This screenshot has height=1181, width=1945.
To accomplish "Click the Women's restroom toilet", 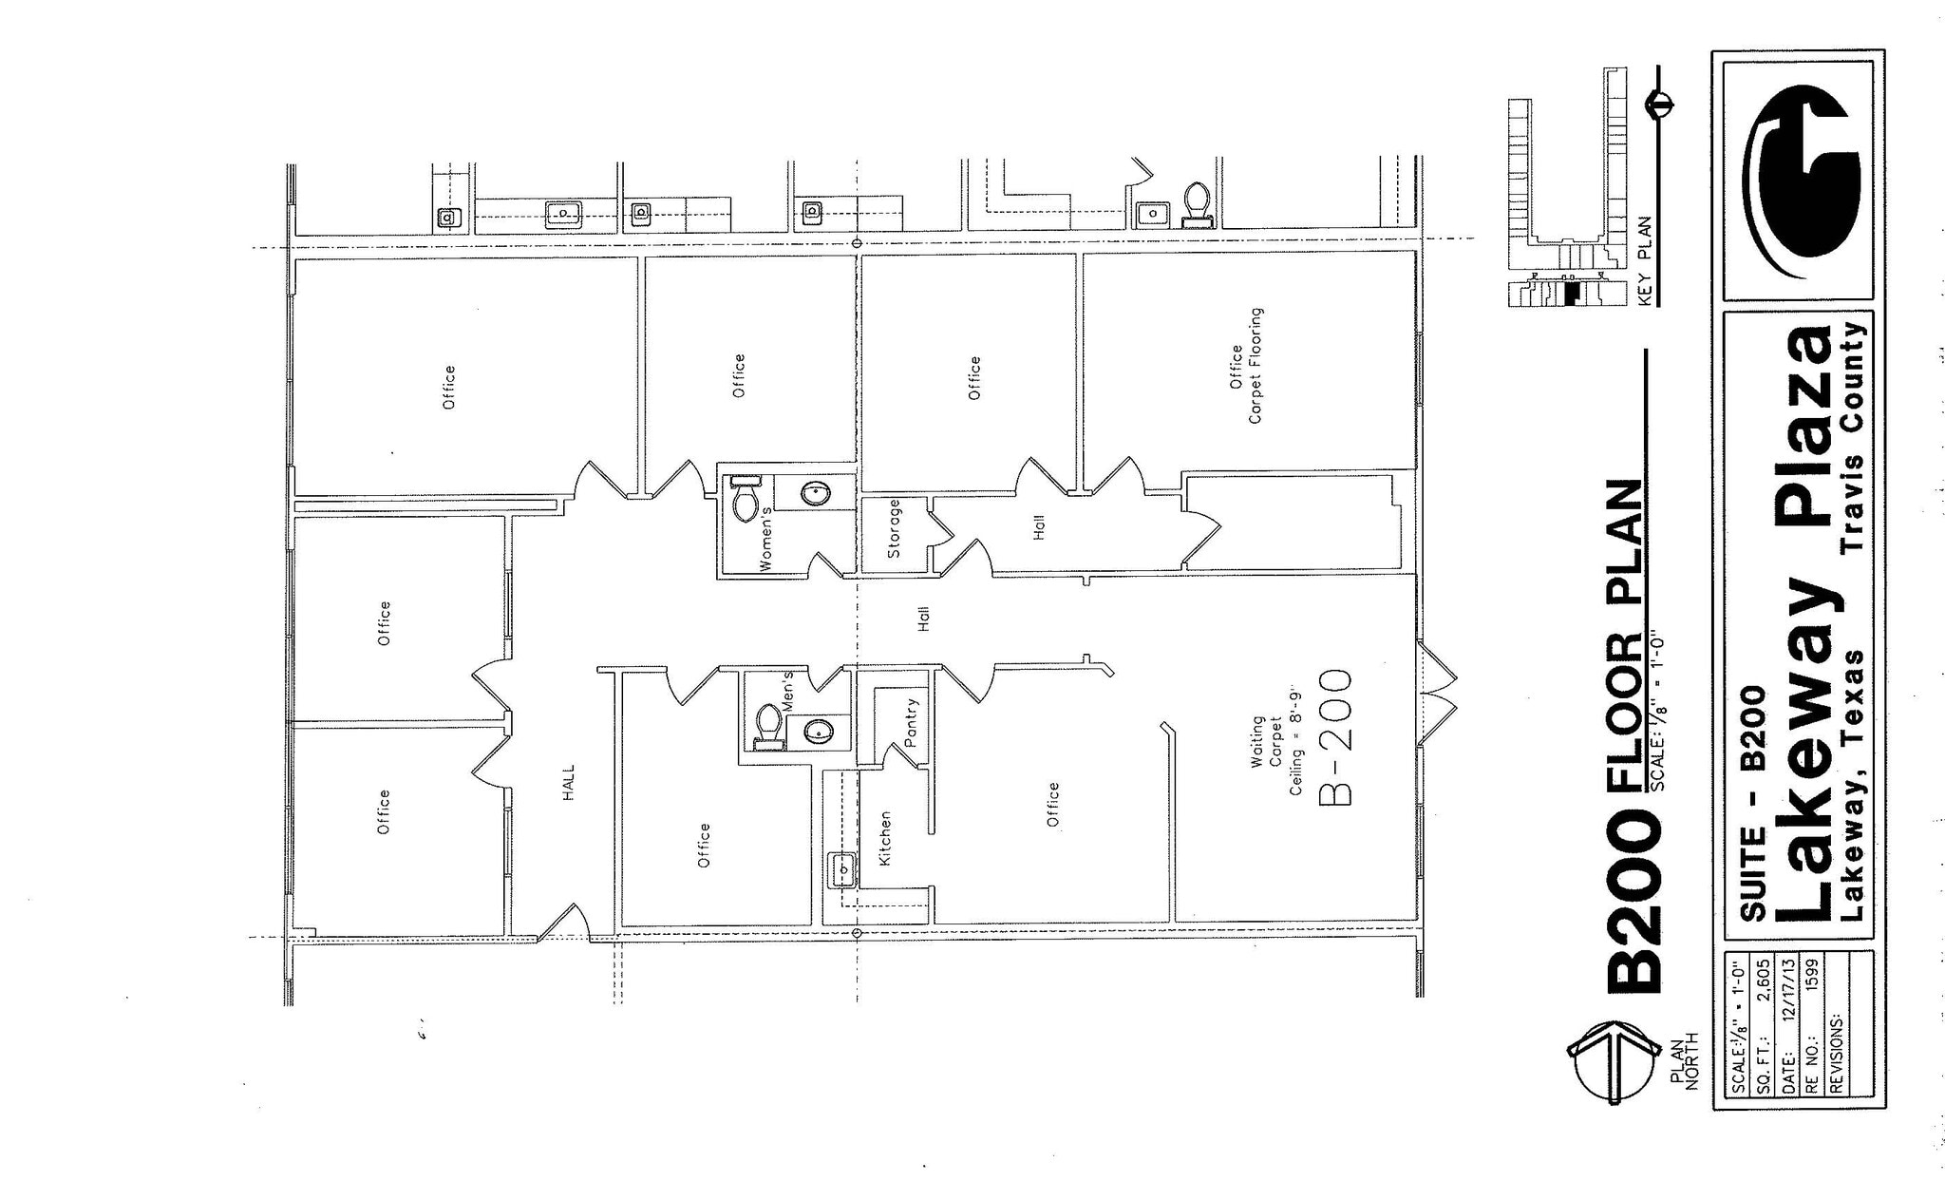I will pyautogui.click(x=746, y=500).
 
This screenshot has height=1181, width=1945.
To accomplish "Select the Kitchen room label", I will pyautogui.click(x=885, y=838).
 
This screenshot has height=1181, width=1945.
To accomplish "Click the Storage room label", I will pyautogui.click(x=894, y=528).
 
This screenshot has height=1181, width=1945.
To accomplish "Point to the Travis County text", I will pyautogui.click(x=1853, y=437).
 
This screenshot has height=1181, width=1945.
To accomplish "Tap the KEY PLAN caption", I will pyautogui.click(x=1645, y=261).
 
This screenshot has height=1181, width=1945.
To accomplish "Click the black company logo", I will pyautogui.click(x=1800, y=181).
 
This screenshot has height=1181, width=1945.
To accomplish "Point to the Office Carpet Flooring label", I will pyautogui.click(x=1246, y=366).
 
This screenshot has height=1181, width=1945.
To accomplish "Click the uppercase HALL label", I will pyautogui.click(x=569, y=784).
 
